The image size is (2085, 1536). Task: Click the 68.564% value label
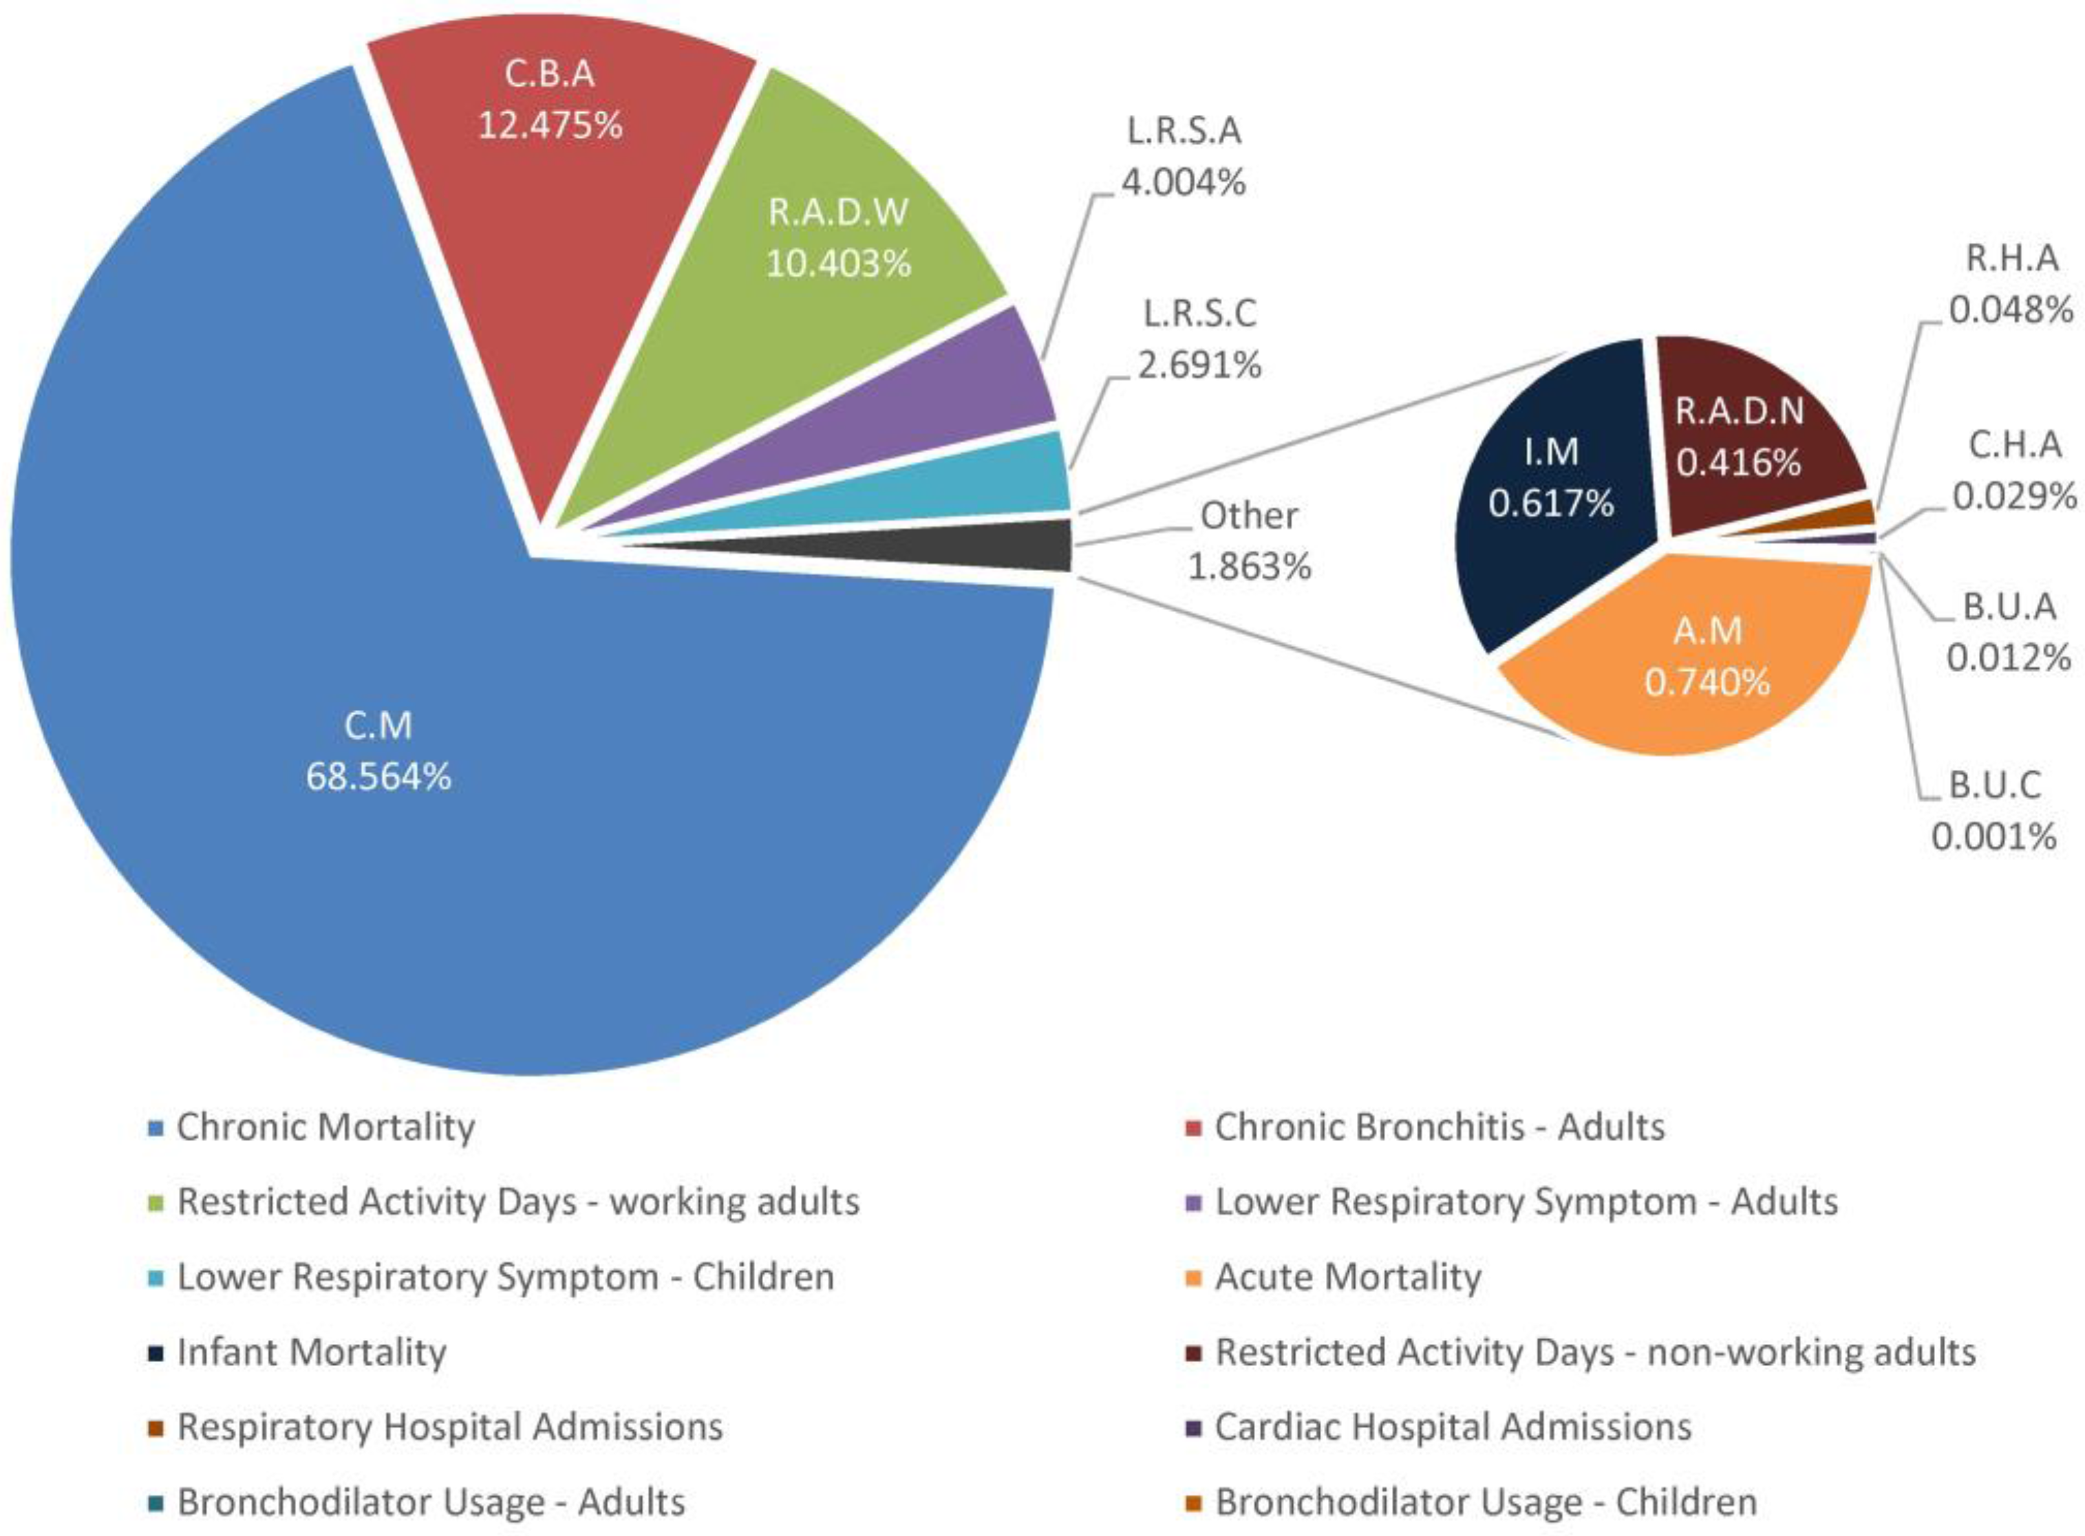coord(378,777)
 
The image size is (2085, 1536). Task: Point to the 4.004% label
coord(1183,183)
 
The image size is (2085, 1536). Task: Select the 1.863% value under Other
coord(1249,566)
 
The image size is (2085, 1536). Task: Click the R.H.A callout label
coord(2011,259)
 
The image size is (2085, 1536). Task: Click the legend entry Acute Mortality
coord(1347,1277)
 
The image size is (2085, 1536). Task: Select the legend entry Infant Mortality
coord(312,1353)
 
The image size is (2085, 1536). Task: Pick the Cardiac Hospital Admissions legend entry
coord(1453,1427)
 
